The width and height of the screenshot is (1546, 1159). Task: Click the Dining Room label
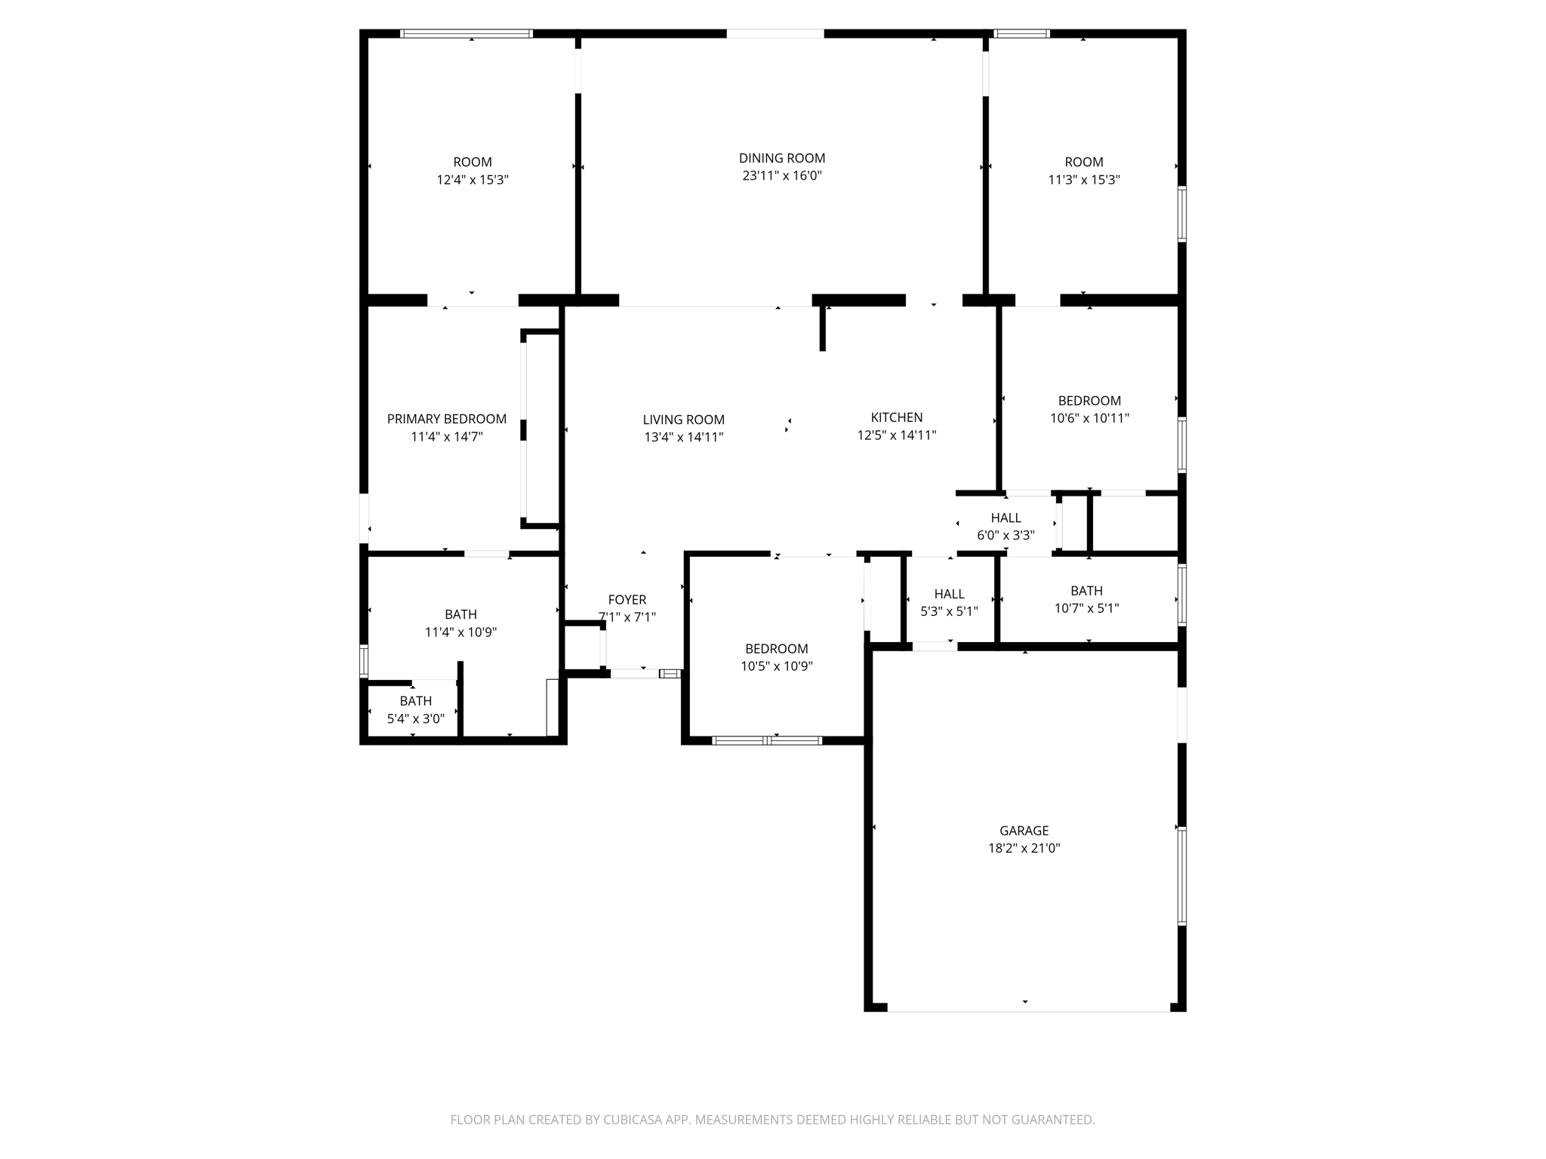(781, 158)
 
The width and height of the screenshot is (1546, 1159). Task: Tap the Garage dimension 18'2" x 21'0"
(1024, 848)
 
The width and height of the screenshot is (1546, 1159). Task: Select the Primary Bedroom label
(446, 419)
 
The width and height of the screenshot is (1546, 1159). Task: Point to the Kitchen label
(896, 417)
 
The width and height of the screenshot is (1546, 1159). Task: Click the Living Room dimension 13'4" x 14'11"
(683, 437)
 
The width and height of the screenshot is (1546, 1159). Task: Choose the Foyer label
(627, 600)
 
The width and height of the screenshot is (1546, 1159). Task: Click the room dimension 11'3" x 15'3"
(1083, 180)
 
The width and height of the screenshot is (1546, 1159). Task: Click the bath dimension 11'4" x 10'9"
(460, 632)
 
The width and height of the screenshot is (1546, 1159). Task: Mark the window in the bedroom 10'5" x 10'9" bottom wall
(767, 740)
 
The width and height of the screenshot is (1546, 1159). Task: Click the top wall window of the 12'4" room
(466, 33)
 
